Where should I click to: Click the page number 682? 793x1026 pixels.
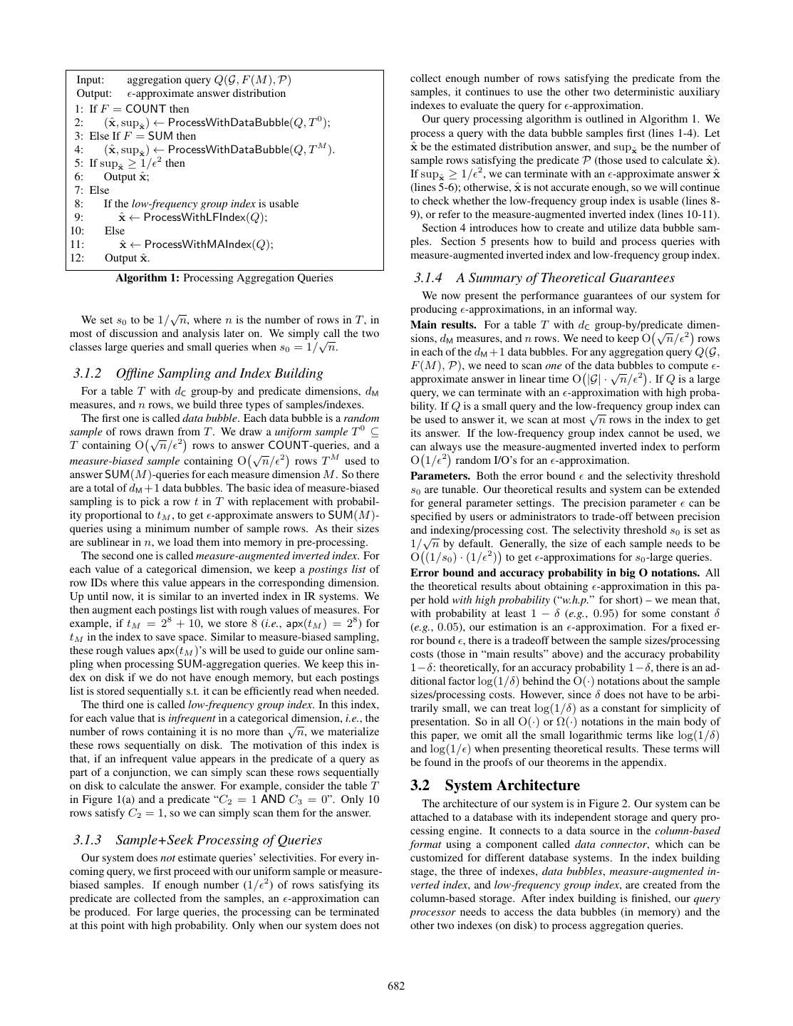pos(396,986)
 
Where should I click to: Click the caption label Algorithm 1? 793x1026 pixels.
pos(147,278)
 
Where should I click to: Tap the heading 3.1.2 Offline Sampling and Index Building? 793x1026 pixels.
pos(198,373)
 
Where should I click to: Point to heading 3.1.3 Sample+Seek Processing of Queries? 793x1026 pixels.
pos(197,839)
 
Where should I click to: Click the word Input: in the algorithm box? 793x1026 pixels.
pos(90,80)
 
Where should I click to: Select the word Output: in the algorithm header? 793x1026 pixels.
pos(94,93)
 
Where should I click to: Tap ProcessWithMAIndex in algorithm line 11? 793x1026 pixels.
pos(198,244)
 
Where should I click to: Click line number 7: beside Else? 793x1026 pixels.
pos(78,190)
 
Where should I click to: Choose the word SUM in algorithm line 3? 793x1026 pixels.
pos(162,136)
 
